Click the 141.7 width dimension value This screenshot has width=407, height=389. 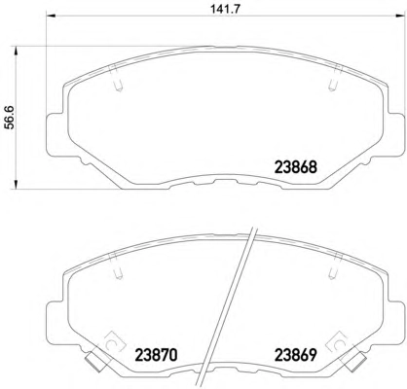click(225, 9)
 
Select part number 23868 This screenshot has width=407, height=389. click(295, 167)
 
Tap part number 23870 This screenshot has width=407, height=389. click(156, 355)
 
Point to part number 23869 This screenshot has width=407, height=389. click(295, 355)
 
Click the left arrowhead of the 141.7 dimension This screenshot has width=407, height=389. click(52, 16)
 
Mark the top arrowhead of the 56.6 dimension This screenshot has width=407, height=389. click(15, 52)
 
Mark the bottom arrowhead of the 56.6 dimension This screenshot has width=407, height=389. click(15, 184)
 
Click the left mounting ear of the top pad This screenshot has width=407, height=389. click(55, 134)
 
